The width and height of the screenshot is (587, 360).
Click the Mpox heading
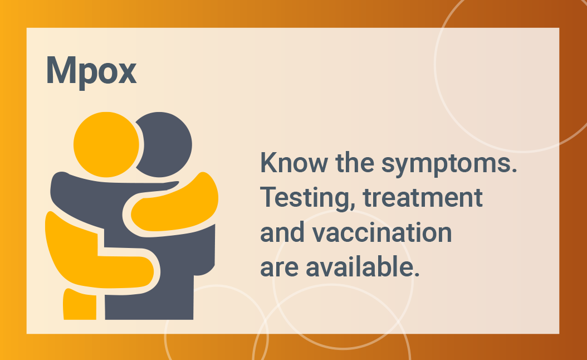(x=91, y=71)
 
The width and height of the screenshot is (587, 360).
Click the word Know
(x=294, y=163)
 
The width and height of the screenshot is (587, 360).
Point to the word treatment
(x=423, y=197)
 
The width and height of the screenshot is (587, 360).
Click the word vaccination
(x=382, y=232)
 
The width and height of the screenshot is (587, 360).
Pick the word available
(x=363, y=267)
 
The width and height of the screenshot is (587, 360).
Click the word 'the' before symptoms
(x=355, y=163)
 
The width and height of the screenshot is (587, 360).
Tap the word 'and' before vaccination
(x=282, y=232)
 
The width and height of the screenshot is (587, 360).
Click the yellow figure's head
(x=106, y=144)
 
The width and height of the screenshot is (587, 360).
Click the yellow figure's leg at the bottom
(x=80, y=304)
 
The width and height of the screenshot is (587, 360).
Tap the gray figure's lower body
(x=157, y=285)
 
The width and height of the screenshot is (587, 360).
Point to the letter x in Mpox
(x=125, y=74)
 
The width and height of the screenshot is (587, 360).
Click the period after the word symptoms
(x=515, y=170)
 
